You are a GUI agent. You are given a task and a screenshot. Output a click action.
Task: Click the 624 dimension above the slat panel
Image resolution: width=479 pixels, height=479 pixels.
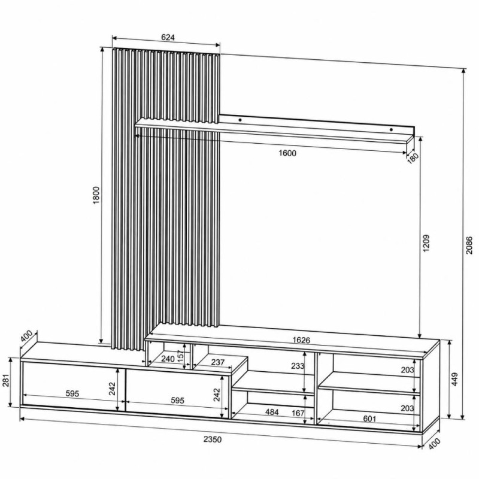(168, 37)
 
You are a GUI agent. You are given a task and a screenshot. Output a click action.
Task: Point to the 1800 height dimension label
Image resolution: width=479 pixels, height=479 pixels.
(96, 195)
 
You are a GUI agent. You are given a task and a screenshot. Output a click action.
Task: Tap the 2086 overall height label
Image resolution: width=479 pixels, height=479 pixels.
(469, 245)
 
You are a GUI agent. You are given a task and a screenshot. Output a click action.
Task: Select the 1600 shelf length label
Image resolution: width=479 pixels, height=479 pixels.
(287, 153)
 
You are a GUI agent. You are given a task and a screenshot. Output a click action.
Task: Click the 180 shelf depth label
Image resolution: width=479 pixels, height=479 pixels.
(413, 158)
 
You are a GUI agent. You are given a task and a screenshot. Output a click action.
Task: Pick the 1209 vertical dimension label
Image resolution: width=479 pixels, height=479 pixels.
(426, 243)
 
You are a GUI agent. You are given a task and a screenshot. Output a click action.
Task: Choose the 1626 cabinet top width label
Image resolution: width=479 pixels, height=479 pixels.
(301, 339)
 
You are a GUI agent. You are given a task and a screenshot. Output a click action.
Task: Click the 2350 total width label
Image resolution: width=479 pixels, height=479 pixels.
(213, 439)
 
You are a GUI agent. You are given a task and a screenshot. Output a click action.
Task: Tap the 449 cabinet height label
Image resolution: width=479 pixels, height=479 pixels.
(454, 379)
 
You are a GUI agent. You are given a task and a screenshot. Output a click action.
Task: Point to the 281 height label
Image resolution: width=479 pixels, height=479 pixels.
(6, 380)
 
